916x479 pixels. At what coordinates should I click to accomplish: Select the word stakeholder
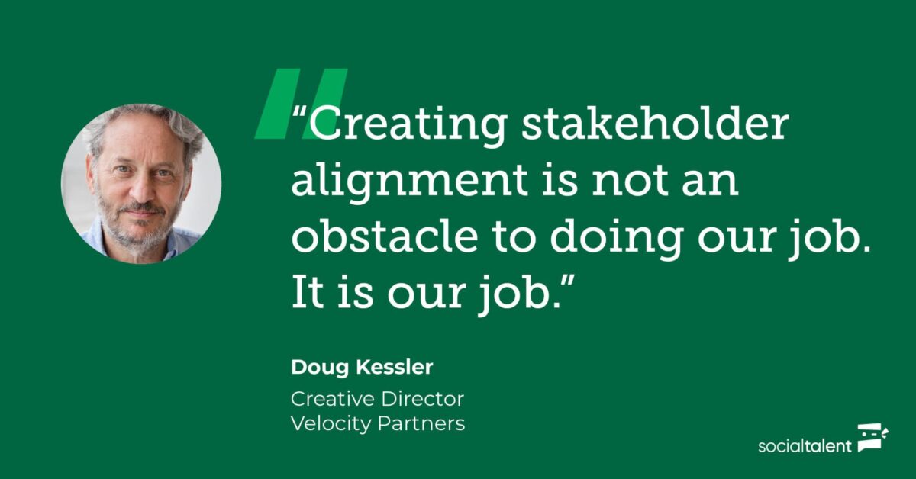pos(655,123)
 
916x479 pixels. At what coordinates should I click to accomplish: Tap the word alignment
pos(410,182)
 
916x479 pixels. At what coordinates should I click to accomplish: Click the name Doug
pos(320,368)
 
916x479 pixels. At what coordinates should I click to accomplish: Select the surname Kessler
pos(394,367)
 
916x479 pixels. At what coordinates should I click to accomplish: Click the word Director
pos(422,400)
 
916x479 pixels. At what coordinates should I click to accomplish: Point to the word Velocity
pos(331,424)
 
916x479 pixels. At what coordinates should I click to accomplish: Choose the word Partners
pos(421,424)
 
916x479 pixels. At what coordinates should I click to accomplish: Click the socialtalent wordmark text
pos(805,446)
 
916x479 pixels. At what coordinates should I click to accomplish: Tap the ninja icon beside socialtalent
pos(872,437)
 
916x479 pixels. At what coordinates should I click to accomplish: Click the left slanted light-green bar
pos(277,104)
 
